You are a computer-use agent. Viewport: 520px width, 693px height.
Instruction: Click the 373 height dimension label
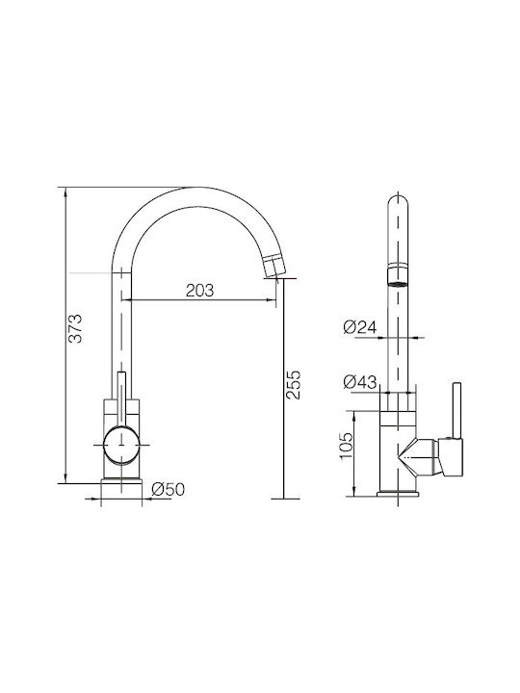click(76, 328)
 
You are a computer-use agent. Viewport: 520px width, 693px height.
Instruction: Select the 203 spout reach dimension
click(200, 291)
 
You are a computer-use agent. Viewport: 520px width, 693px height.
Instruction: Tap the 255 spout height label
click(293, 385)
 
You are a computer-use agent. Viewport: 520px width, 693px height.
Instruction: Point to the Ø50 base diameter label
click(168, 489)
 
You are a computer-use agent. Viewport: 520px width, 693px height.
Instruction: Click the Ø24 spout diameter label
click(360, 327)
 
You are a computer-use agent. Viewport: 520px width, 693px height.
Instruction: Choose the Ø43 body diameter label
click(360, 382)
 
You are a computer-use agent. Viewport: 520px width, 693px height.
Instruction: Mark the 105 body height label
click(347, 445)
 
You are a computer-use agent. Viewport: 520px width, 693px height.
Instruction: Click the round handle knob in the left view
click(121, 445)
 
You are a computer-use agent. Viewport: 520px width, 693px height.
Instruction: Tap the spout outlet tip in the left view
click(274, 266)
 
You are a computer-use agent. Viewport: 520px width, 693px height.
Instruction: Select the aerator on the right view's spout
click(398, 276)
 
